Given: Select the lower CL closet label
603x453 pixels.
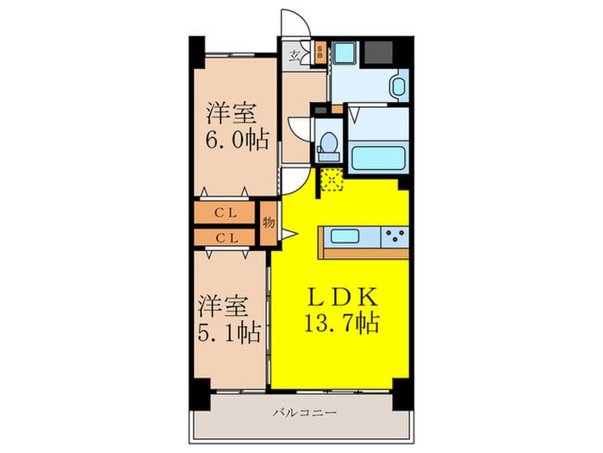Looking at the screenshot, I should [227, 236].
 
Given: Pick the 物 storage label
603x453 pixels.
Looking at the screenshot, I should [268, 223].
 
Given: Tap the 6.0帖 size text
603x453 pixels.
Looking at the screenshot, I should [234, 138].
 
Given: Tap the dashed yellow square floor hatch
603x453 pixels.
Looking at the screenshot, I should [331, 179].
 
